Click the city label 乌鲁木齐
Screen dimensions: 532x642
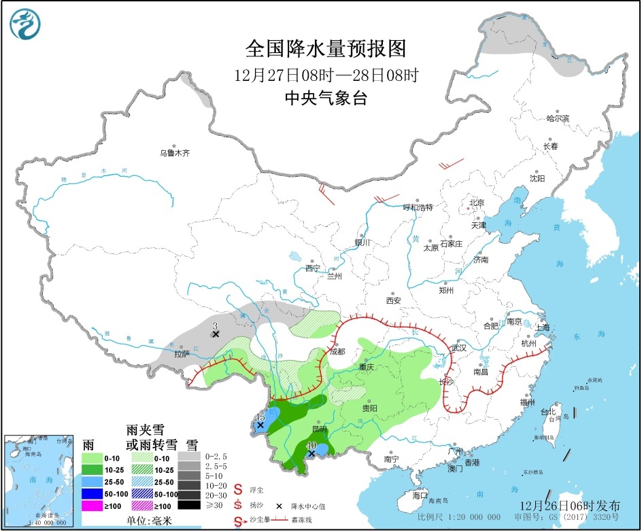click(174, 154)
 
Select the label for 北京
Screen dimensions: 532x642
click(476, 203)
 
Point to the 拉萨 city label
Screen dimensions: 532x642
click(182, 354)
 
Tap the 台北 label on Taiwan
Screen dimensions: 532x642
click(548, 412)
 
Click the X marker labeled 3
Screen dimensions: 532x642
click(215, 334)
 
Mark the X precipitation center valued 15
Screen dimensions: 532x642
click(260, 425)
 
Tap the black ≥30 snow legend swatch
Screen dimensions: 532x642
click(190, 505)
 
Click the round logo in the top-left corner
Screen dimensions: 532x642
click(25, 25)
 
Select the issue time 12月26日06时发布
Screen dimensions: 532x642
click(570, 506)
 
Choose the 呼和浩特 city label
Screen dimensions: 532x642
click(418, 207)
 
